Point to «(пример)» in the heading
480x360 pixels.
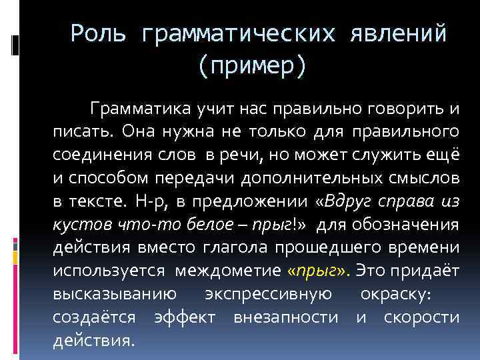tap(251, 65)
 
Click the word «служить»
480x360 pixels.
tap(377, 153)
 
